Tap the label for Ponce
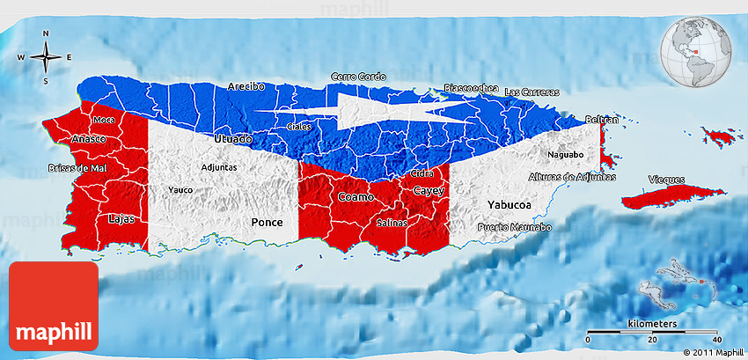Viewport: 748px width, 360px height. [x=268, y=223]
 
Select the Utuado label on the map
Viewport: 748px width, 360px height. [x=233, y=139]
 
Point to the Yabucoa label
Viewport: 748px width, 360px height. [x=510, y=204]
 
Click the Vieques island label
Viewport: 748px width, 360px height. [x=666, y=179]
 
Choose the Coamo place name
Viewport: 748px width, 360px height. [x=356, y=197]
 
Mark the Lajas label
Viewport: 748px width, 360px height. [x=121, y=219]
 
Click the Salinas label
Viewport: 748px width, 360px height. [x=392, y=223]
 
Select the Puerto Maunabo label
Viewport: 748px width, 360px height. [x=515, y=228]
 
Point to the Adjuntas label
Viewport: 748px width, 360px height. [x=219, y=166]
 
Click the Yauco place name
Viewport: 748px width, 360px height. [x=180, y=189]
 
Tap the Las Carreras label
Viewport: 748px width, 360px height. [x=531, y=92]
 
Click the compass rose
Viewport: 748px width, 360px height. [x=46, y=57]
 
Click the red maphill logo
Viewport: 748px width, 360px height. [x=54, y=307]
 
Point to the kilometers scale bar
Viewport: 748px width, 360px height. [x=652, y=331]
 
